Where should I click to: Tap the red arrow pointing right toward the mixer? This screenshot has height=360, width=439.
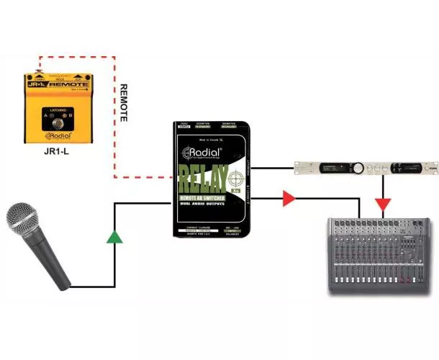(289, 198)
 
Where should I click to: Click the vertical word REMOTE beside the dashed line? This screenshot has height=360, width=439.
(123, 101)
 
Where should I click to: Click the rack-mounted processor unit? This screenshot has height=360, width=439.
(366, 168)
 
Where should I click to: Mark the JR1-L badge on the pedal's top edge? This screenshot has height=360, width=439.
(33, 84)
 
